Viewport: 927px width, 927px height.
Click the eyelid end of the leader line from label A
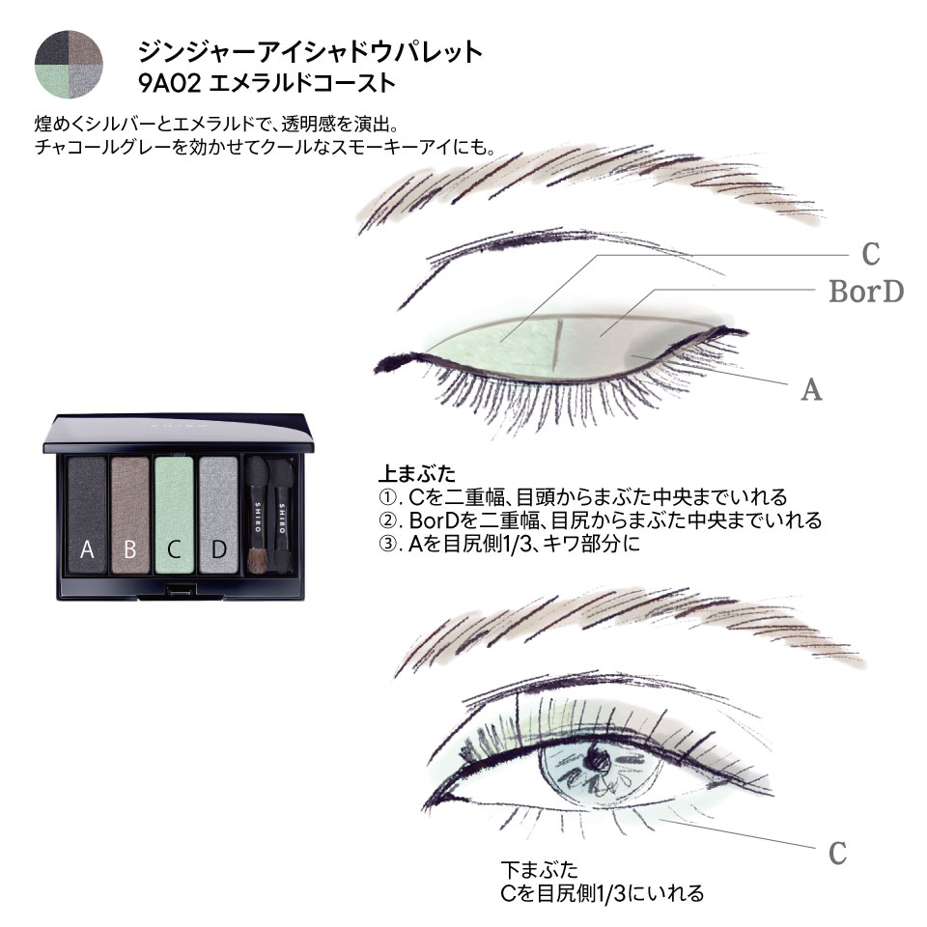click(x=632, y=355)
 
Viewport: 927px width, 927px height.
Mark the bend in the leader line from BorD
click(x=655, y=290)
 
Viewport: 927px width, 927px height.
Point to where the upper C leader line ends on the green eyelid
click(x=501, y=342)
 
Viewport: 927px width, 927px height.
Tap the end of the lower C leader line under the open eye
click(x=660, y=820)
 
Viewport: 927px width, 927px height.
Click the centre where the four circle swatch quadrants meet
click(x=69, y=65)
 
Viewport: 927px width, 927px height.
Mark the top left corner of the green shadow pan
click(x=154, y=457)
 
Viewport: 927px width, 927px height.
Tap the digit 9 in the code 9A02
click(x=146, y=83)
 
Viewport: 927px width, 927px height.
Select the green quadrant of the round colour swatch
click(x=51, y=81)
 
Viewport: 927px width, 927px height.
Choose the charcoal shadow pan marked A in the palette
click(x=87, y=515)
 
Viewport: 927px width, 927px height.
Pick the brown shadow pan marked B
click(x=130, y=515)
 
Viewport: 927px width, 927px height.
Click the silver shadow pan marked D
click(x=218, y=515)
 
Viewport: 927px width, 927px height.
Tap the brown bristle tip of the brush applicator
click(x=257, y=562)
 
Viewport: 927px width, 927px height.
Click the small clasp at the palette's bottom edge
click(x=181, y=591)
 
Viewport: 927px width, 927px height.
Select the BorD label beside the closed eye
click(x=866, y=292)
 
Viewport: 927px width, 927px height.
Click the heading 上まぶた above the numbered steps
click(x=417, y=473)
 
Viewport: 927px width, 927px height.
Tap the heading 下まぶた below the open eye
click(x=539, y=870)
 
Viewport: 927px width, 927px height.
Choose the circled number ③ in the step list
click(x=388, y=544)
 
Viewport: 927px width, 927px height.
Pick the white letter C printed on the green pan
click(x=174, y=549)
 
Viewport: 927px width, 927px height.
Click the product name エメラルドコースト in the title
click(x=302, y=83)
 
